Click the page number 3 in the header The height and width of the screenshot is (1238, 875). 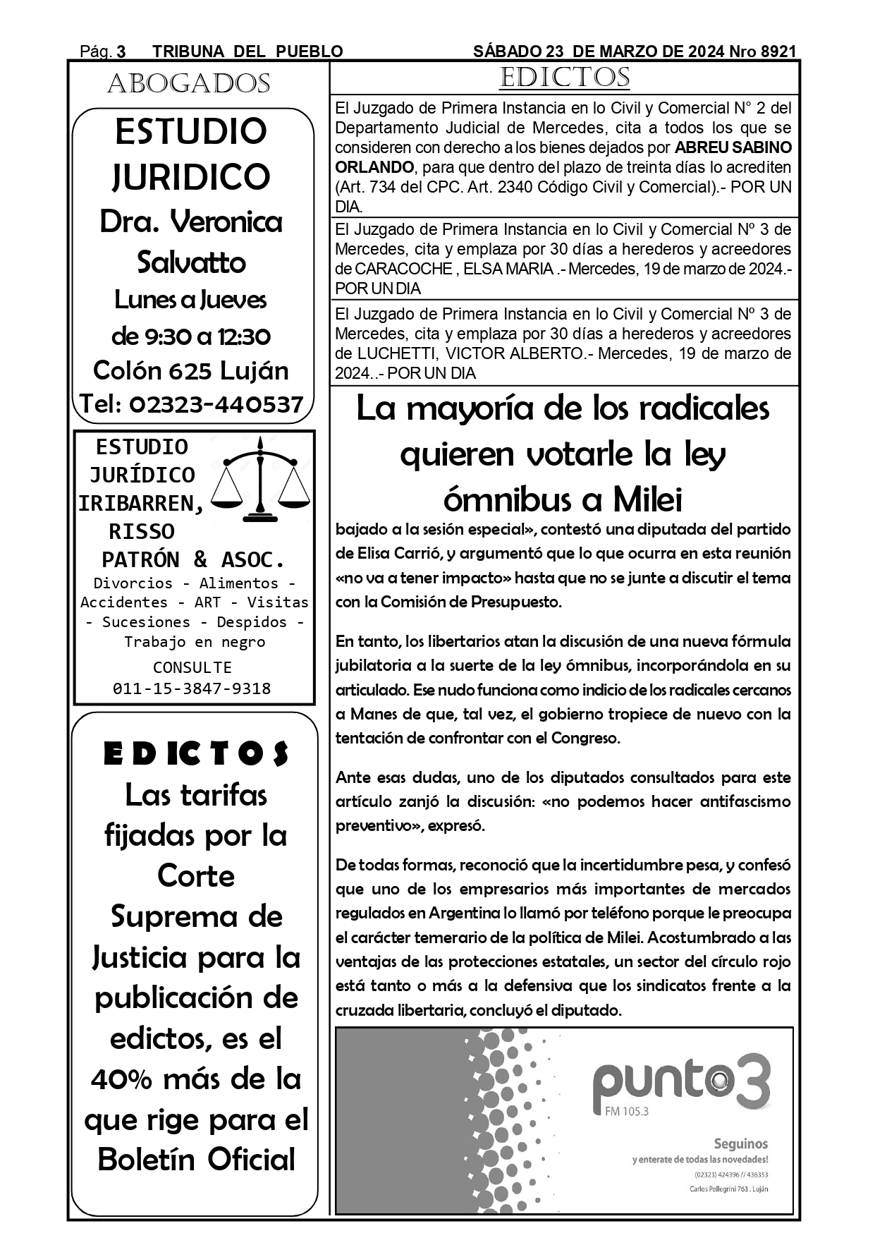click(121, 51)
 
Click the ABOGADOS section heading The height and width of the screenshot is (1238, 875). click(189, 84)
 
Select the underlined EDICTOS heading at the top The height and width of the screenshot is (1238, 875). click(564, 78)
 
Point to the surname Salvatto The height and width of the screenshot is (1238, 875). click(191, 262)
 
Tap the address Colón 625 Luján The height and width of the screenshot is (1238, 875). click(191, 370)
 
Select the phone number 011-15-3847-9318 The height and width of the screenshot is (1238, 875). click(192, 688)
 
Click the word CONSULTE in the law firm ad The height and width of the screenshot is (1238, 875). click(192, 667)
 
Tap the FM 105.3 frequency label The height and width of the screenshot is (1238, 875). click(626, 1112)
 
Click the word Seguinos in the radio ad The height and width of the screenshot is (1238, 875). click(740, 1143)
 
